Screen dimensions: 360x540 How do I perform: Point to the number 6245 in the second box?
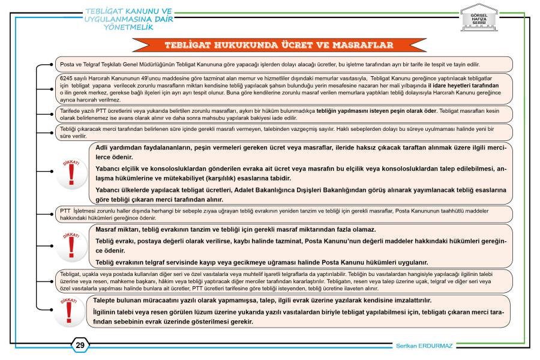(x=62, y=79)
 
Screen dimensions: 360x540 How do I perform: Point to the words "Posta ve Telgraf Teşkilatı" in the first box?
(x=91, y=64)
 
